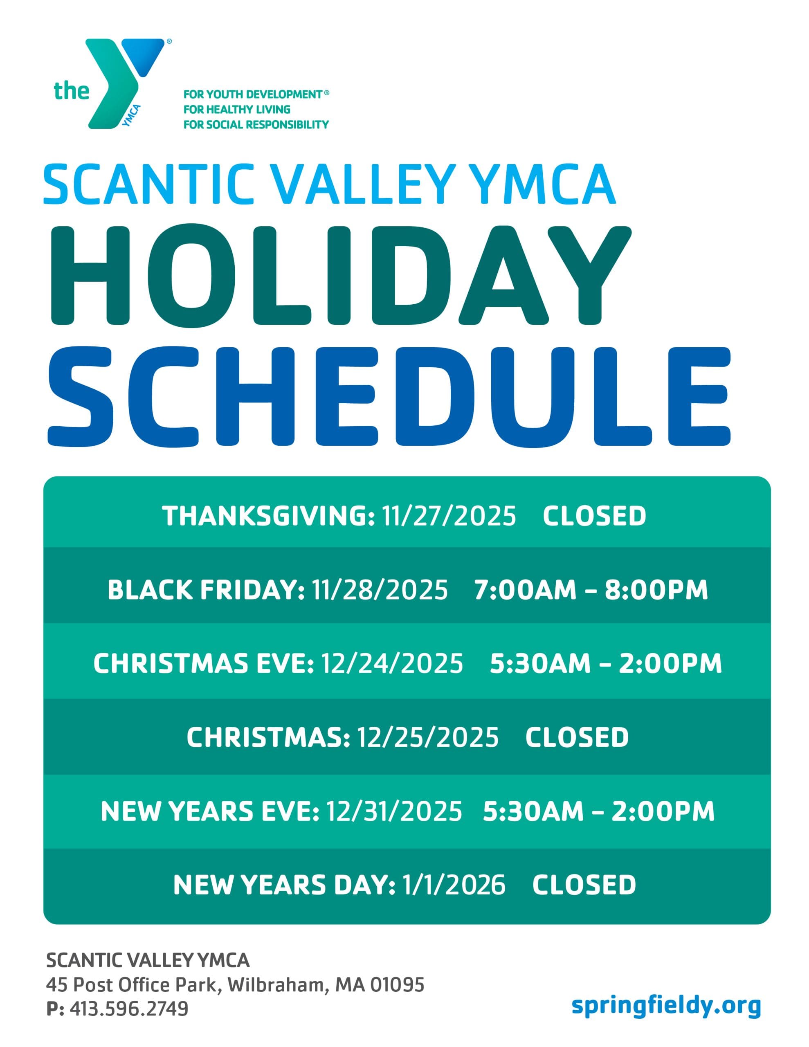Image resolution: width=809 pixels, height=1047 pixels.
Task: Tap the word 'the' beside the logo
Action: [72, 91]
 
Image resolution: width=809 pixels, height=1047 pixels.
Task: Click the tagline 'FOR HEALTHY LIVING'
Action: [237, 109]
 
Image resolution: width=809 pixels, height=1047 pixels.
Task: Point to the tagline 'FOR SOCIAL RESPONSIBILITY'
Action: [256, 125]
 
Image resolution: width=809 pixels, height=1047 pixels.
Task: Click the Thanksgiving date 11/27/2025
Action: [449, 516]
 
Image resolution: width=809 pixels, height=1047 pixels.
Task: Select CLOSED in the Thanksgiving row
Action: [594, 516]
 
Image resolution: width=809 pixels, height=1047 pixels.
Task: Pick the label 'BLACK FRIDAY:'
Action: [206, 590]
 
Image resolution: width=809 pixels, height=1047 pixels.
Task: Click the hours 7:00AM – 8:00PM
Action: [591, 590]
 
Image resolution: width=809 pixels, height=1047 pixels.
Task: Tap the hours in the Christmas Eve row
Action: [606, 663]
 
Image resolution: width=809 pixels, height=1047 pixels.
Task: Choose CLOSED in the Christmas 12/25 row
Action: [577, 737]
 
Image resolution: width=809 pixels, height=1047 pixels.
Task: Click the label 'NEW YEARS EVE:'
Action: [209, 811]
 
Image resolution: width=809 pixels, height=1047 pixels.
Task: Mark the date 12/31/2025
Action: [394, 811]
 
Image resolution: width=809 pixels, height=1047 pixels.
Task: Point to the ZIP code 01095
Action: [398, 985]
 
